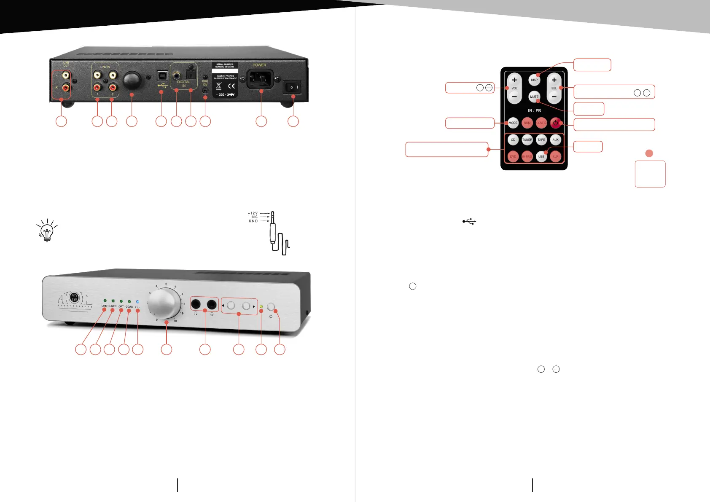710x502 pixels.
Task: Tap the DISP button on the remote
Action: pyautogui.click(x=534, y=80)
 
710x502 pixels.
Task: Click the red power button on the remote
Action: pyautogui.click(x=556, y=123)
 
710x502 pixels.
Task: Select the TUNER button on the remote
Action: pyautogui.click(x=527, y=140)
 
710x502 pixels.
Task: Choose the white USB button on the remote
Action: pyautogui.click(x=541, y=156)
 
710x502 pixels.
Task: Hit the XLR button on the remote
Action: pyautogui.click(x=556, y=156)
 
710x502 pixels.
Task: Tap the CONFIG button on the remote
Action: pyautogui.click(x=541, y=123)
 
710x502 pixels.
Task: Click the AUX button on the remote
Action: pyautogui.click(x=556, y=140)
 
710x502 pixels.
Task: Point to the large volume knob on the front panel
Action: pyautogui.click(x=164, y=303)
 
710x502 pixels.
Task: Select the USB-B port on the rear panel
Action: pyautogui.click(x=162, y=75)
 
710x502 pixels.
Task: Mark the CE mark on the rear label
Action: pyautogui.click(x=231, y=86)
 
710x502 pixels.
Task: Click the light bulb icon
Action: pyautogui.click(x=47, y=230)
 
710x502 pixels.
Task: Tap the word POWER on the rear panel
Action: pyautogui.click(x=259, y=65)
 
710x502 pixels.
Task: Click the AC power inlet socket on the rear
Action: pyautogui.click(x=260, y=78)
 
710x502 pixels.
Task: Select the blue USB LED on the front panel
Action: pyautogui.click(x=137, y=302)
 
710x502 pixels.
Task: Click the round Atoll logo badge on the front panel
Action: pyautogui.click(x=74, y=297)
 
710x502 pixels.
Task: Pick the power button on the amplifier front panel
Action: pyautogui.click(x=271, y=306)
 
